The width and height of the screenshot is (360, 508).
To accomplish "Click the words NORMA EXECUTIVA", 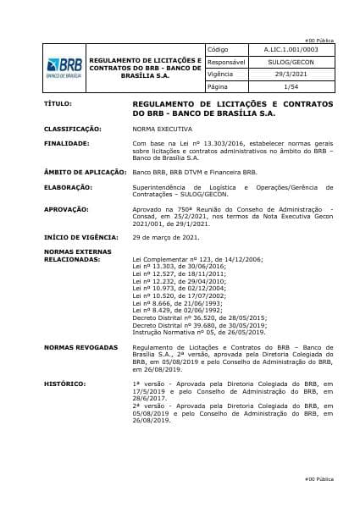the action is tap(161, 129).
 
